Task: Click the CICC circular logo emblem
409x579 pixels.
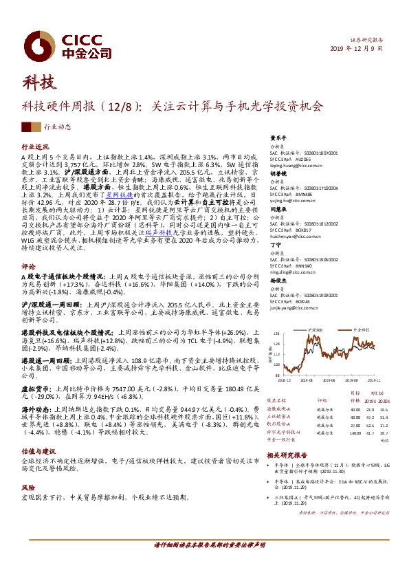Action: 36,40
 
